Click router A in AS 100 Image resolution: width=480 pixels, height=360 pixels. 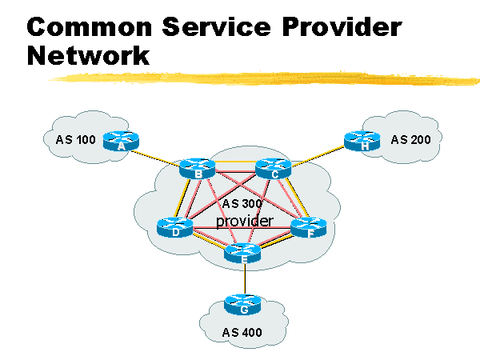pos(122,142)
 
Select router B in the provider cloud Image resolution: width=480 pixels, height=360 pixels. pos(197,169)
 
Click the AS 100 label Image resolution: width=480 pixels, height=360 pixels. pos(76,141)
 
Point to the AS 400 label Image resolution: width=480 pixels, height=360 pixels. pos(242,332)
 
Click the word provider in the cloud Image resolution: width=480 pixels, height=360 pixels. pos(244,220)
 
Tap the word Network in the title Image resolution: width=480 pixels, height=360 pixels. pos(88,56)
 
